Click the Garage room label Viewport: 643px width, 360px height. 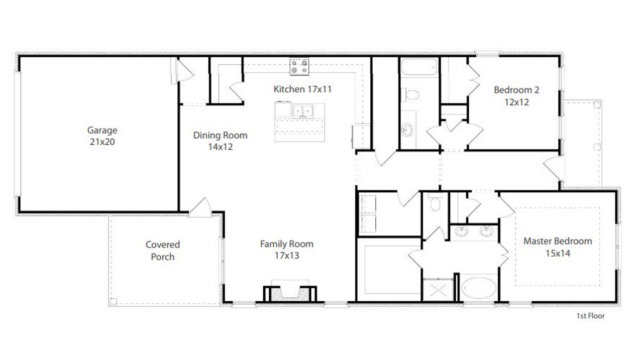click(x=102, y=131)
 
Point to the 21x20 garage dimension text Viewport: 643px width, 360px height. click(x=102, y=142)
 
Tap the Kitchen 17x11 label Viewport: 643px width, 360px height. click(x=302, y=89)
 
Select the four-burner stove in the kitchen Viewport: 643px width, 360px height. click(x=299, y=67)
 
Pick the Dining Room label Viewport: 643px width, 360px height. click(x=220, y=135)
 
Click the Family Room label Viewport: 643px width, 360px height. click(x=286, y=244)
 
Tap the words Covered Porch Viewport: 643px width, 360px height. click(x=163, y=251)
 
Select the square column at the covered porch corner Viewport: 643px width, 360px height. click(x=114, y=301)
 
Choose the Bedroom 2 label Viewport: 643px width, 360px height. click(x=516, y=90)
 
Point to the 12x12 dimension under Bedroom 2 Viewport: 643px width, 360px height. click(x=516, y=102)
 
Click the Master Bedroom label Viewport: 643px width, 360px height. click(x=558, y=241)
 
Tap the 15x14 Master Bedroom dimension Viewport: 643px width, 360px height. click(x=558, y=253)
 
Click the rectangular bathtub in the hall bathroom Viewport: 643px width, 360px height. click(x=419, y=68)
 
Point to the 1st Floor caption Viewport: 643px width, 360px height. click(x=590, y=316)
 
